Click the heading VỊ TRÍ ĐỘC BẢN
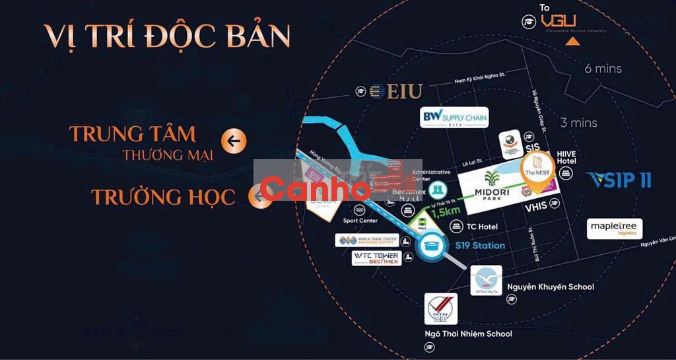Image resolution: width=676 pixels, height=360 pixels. coord(167,36)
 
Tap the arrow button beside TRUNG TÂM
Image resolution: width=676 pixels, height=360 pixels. coord(234,140)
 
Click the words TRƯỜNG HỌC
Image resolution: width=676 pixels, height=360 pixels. coord(163,197)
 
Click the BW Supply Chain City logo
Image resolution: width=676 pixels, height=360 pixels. coord(454,118)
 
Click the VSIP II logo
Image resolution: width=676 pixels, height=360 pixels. coord(618,180)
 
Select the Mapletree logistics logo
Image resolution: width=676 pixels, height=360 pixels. coord(615,229)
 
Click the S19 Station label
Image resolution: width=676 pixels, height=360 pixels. coord(480,245)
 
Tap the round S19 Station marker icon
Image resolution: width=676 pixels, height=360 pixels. coord(433,247)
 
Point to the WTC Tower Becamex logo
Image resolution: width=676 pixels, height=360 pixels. coord(376,258)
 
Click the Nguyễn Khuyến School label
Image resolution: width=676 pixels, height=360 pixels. coord(551,287)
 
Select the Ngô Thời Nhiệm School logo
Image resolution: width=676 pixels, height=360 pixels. coord(441,308)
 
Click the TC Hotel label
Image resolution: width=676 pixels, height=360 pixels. coord(482,227)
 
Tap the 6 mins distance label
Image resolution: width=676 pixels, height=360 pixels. coord(603,68)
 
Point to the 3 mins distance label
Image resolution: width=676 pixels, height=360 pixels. coord(578,123)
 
